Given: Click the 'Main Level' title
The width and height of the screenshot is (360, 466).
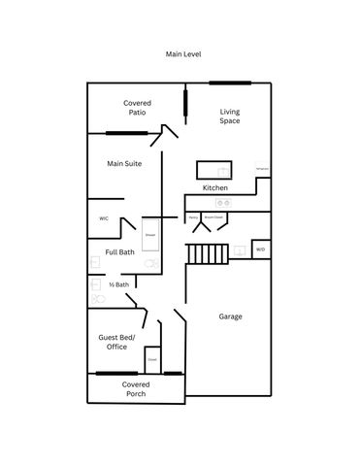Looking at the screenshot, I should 183,55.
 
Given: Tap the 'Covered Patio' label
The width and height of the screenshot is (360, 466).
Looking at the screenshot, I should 136,107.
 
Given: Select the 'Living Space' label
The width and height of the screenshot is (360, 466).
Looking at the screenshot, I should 229,116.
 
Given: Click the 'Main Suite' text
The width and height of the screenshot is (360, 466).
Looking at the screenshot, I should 124,164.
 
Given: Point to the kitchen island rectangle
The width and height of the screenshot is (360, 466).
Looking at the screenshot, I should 213,169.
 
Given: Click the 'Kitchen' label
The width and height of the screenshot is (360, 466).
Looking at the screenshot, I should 214,187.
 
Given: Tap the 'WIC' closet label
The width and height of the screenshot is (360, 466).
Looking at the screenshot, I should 103,219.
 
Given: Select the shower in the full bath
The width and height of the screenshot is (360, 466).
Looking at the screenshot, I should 150,235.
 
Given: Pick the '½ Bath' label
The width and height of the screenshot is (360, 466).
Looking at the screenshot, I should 118,284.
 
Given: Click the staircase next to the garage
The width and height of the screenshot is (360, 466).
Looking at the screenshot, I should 206,254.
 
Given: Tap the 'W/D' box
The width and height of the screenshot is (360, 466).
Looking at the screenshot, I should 260,250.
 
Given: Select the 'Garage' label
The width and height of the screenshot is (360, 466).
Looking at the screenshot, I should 230,316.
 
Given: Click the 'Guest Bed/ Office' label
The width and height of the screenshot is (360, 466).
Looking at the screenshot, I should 117,342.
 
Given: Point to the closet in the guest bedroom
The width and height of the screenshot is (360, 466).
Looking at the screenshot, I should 152,361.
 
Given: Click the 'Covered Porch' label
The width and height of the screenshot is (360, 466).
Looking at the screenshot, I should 136,389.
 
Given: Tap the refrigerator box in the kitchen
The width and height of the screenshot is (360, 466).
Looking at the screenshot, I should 261,169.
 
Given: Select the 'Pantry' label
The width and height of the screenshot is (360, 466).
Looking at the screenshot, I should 193,217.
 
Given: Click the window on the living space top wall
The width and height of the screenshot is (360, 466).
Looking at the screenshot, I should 231,83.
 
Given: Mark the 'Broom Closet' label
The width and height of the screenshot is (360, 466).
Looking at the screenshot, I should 211,217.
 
